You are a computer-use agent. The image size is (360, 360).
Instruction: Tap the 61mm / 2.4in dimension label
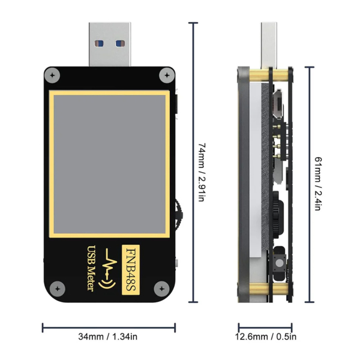tap(319, 184)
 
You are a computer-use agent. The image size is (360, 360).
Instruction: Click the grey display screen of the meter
tap(110, 164)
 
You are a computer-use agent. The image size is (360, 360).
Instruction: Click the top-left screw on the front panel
tap(55, 76)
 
